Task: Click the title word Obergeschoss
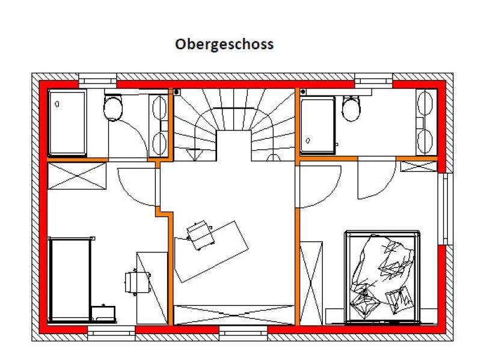[x=224, y=44]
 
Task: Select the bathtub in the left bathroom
[x=67, y=123]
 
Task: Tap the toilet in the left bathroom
[x=113, y=107]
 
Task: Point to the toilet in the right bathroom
[x=351, y=108]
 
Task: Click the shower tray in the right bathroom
[x=317, y=125]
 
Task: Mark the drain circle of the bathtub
[x=57, y=104]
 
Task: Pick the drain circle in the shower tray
[x=308, y=141]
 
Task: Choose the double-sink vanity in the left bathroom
[x=159, y=126]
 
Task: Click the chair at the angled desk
[x=200, y=235]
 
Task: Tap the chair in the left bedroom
[x=137, y=282]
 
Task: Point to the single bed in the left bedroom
[x=71, y=279]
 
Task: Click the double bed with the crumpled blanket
[x=382, y=277]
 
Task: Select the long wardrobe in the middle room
[x=234, y=315]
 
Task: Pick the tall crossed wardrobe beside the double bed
[x=311, y=283]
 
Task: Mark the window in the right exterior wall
[x=446, y=209]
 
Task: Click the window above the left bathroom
[x=97, y=81]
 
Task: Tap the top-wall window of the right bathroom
[x=373, y=81]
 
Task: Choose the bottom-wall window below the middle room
[x=244, y=334]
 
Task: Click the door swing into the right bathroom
[x=376, y=178]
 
